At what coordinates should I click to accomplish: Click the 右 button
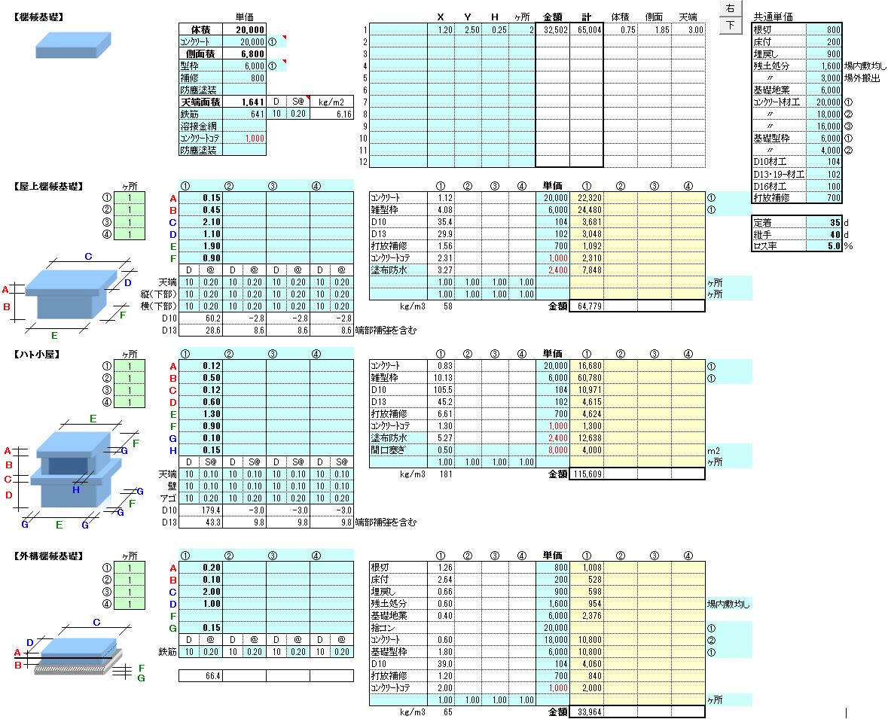coord(730,9)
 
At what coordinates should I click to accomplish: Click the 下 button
coord(730,26)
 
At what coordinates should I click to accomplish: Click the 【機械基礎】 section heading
coord(39,17)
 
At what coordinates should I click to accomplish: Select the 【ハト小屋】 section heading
coord(38,354)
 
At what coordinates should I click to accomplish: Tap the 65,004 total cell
coord(586,29)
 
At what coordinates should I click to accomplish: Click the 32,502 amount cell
coord(553,29)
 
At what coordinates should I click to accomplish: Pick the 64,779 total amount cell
coord(586,306)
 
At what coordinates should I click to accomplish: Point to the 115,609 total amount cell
coord(586,474)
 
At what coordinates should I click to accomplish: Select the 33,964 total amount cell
coord(586,711)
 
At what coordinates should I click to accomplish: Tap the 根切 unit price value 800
coord(824,29)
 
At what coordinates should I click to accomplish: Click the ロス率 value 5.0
coord(824,245)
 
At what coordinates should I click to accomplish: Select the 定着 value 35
coord(824,223)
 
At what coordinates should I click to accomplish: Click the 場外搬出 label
coord(862,78)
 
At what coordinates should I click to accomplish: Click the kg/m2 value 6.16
coord(331,114)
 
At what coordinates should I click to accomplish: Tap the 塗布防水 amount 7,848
coord(586,270)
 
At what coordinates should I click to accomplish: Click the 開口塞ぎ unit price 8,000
coord(553,449)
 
